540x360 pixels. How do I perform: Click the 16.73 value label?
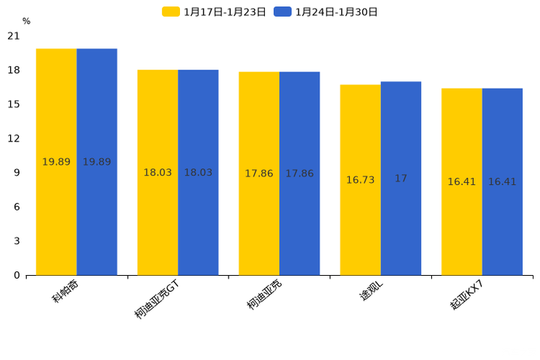pos(360,180)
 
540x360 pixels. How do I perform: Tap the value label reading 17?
pos(401,179)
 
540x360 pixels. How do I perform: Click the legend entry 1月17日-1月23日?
pos(215,12)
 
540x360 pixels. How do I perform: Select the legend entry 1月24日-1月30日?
pos(327,12)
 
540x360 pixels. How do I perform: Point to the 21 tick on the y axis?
pos(13,36)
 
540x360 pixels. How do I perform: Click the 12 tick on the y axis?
pos(13,139)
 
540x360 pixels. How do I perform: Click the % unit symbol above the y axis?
pos(26,22)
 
